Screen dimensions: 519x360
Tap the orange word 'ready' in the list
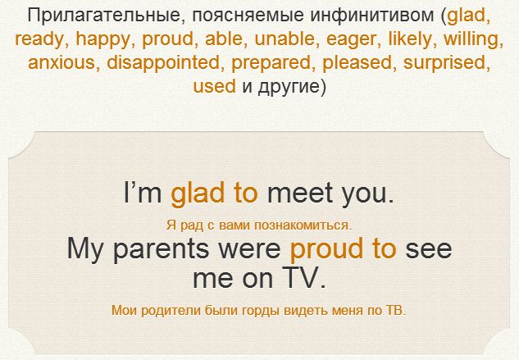coord(39,39)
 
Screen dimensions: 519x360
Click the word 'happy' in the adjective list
coord(103,39)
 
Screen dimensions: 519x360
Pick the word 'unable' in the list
coord(285,39)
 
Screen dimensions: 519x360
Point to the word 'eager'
coord(351,39)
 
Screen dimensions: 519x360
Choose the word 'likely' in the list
coord(410,39)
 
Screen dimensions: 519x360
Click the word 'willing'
coord(471,39)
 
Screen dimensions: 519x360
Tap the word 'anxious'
coord(61,62)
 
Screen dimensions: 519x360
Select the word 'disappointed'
coord(163,62)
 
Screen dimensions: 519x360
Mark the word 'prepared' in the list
coord(271,63)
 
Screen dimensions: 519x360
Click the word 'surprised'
coord(444,63)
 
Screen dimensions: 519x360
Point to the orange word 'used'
coord(214,86)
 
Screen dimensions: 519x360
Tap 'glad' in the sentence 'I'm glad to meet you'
coord(198,193)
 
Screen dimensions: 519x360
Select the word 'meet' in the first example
coord(300,194)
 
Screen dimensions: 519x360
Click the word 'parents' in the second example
coord(161,249)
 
